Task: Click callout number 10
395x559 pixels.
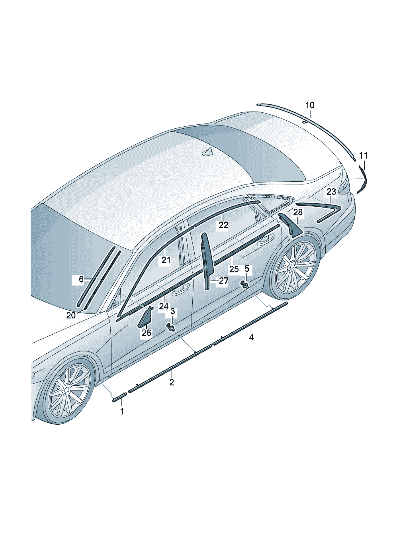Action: point(309,105)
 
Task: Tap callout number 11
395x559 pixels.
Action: point(363,155)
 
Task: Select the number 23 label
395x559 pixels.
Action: point(332,191)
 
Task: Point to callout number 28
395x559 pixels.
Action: point(298,212)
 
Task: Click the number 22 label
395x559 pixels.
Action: point(223,226)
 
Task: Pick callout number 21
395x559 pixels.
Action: point(166,261)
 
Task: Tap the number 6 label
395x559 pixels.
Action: point(81,279)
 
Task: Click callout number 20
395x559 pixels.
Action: point(71,315)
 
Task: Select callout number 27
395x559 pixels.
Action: point(223,281)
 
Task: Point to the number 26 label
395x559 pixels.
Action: point(147,332)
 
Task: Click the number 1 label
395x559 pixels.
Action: point(122,411)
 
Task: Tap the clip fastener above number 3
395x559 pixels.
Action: point(172,328)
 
